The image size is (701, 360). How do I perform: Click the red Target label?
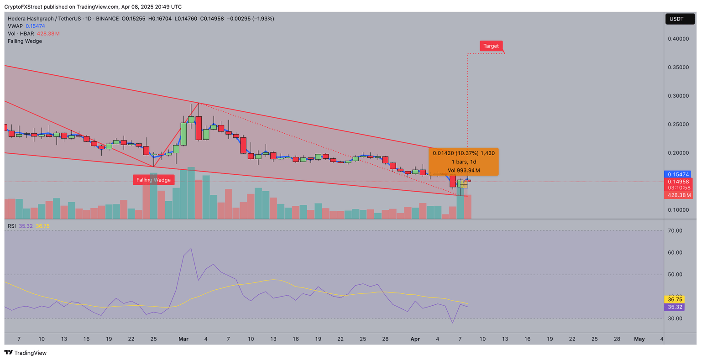tap(491, 46)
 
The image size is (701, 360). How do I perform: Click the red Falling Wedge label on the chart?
tap(153, 180)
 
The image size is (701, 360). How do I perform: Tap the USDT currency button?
tap(680, 19)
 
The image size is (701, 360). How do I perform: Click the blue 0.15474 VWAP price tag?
tap(679, 174)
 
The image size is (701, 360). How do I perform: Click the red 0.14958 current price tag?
tap(678, 182)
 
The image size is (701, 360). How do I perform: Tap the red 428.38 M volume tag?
tap(678, 195)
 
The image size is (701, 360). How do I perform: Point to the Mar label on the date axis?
tap(183, 339)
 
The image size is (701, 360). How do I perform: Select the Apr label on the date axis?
tap(415, 339)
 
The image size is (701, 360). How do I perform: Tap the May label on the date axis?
tap(639, 339)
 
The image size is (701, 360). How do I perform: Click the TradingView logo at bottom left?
tap(26, 353)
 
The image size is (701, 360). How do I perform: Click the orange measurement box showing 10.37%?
tap(464, 162)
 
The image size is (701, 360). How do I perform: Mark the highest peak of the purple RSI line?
tap(191, 249)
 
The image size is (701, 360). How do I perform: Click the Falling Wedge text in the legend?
tap(25, 41)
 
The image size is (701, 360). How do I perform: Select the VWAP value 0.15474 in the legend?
tap(35, 26)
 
